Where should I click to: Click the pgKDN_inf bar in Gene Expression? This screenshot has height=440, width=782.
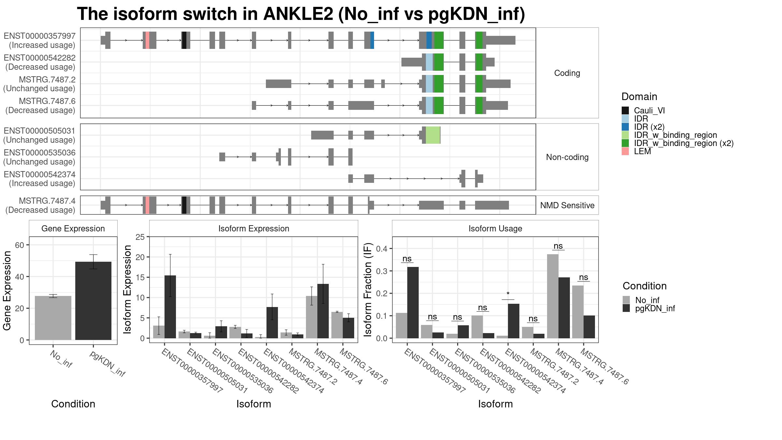click(x=93, y=301)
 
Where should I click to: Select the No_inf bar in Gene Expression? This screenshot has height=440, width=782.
click(x=53, y=318)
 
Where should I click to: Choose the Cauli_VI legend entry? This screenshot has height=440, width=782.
click(x=643, y=110)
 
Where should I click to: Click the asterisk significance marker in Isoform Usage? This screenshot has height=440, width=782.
click(x=508, y=294)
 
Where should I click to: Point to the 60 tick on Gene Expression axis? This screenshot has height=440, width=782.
click(x=20, y=245)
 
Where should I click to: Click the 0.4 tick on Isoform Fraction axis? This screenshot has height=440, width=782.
click(x=382, y=249)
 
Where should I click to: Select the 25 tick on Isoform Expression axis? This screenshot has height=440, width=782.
click(x=140, y=237)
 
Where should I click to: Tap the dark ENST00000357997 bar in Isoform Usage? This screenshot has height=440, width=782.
click(x=413, y=302)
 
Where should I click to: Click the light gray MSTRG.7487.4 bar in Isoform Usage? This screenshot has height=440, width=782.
click(x=553, y=296)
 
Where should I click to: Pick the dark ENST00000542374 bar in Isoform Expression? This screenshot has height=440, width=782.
click(x=272, y=323)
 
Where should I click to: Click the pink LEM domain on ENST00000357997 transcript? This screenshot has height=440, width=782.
click(x=148, y=40)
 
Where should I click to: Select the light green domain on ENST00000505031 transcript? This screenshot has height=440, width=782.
click(x=433, y=135)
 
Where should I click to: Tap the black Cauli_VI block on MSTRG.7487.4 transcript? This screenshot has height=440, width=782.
click(x=184, y=205)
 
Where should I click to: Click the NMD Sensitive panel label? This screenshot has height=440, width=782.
click(x=567, y=205)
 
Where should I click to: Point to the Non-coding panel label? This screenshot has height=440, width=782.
click(x=567, y=157)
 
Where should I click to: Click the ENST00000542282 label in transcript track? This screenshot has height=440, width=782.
click(x=40, y=58)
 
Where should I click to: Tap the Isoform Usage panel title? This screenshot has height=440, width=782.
click(x=495, y=228)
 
